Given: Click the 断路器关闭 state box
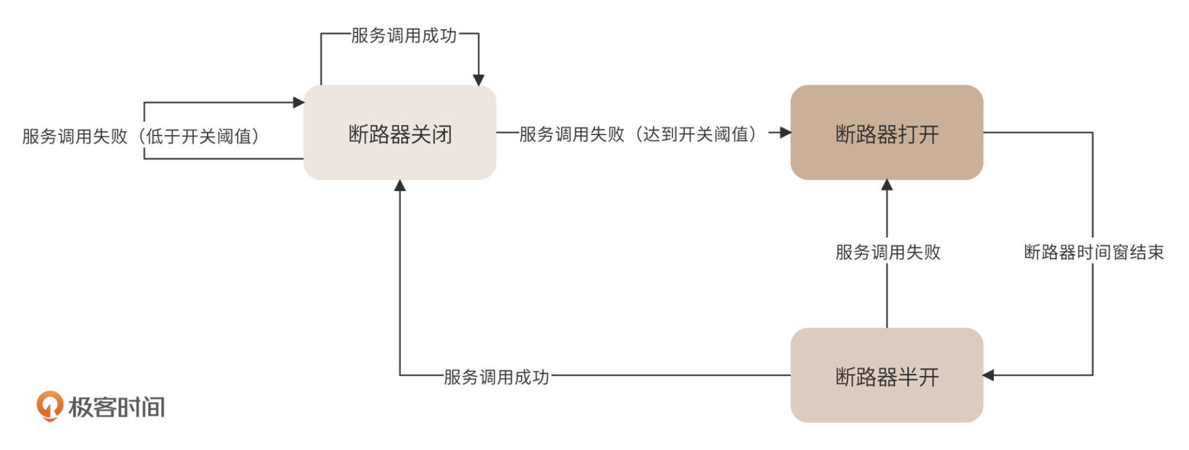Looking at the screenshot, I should pyautogui.click(x=399, y=133).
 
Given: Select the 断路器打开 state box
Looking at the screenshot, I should pyautogui.click(x=886, y=133).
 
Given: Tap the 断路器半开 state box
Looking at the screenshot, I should pyautogui.click(x=886, y=376).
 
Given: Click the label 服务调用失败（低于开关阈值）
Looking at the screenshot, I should pyautogui.click(x=141, y=136).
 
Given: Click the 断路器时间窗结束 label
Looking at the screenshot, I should pyautogui.click(x=1094, y=252).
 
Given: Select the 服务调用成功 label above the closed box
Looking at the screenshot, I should pyautogui.click(x=404, y=35).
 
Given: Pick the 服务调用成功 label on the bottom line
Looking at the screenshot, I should pyautogui.click(x=496, y=377).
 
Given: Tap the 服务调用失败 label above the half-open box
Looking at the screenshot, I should pyautogui.click(x=887, y=252).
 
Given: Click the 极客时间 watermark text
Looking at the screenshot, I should pyautogui.click(x=116, y=407).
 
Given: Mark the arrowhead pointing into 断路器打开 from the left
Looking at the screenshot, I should pyautogui.click(x=785, y=132).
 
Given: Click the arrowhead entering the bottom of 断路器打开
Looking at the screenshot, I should pyautogui.click(x=887, y=185).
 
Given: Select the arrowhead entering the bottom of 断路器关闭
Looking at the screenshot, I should pyautogui.click(x=400, y=185).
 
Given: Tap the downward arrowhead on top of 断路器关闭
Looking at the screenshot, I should pyautogui.click(x=479, y=80).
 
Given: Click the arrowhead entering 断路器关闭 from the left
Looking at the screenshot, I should pyautogui.click(x=298, y=102).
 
